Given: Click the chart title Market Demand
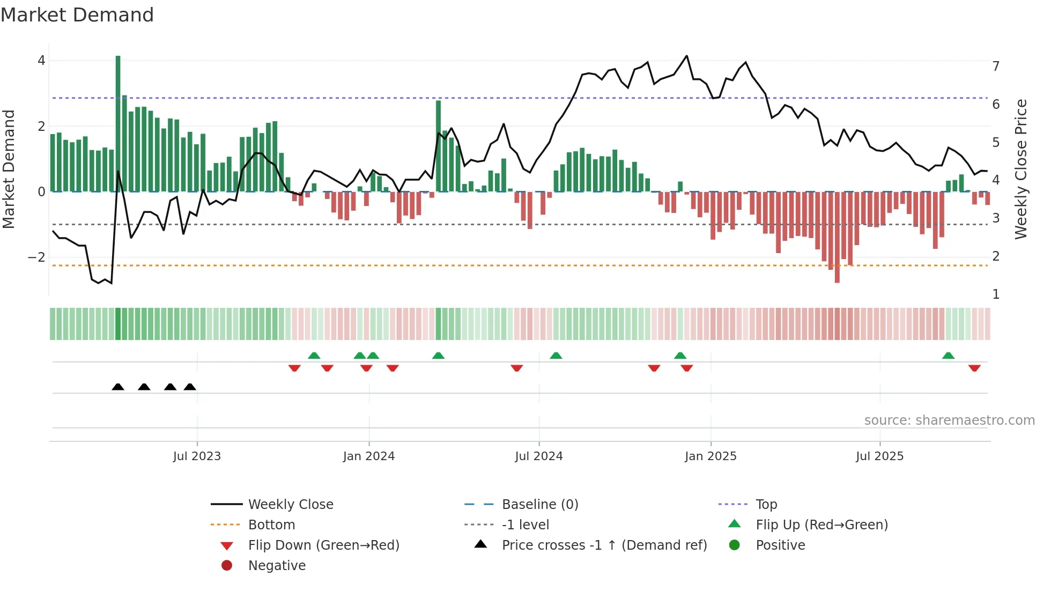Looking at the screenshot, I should pos(77,15).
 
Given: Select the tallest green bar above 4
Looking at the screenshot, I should pos(118,123).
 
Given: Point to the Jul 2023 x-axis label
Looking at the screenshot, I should pos(197,456).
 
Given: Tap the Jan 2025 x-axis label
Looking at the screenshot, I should pos(710,456).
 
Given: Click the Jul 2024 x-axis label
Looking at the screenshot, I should pos(539,456).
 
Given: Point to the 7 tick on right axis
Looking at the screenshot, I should pos(996,67).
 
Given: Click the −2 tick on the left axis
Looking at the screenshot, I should pos(37,257).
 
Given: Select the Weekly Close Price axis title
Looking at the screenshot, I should pos(1021,169).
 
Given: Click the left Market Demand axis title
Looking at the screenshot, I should pos(9,169).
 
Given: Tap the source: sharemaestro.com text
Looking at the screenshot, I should pos(949,420).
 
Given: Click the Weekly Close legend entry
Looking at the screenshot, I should pos(291,505).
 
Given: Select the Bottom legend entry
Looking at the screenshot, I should pos(271,525).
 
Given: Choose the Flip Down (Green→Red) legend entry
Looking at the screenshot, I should pos(323,545).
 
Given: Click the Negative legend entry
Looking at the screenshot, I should pos(277,566).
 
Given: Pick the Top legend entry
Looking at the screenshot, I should pos(766,505).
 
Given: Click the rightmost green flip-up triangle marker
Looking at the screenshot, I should pos(948,356).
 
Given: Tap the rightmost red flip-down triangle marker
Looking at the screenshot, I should pos(974,368).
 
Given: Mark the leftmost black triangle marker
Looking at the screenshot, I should pos(118,387).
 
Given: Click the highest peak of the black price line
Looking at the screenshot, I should pos(686,56).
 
